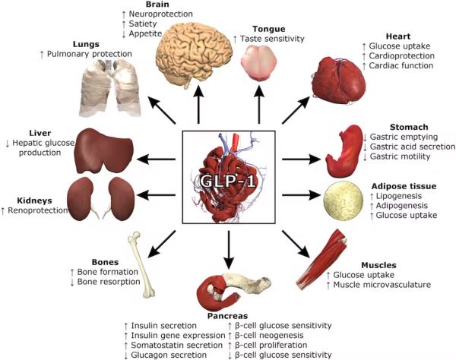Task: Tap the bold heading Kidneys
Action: [33, 201]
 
